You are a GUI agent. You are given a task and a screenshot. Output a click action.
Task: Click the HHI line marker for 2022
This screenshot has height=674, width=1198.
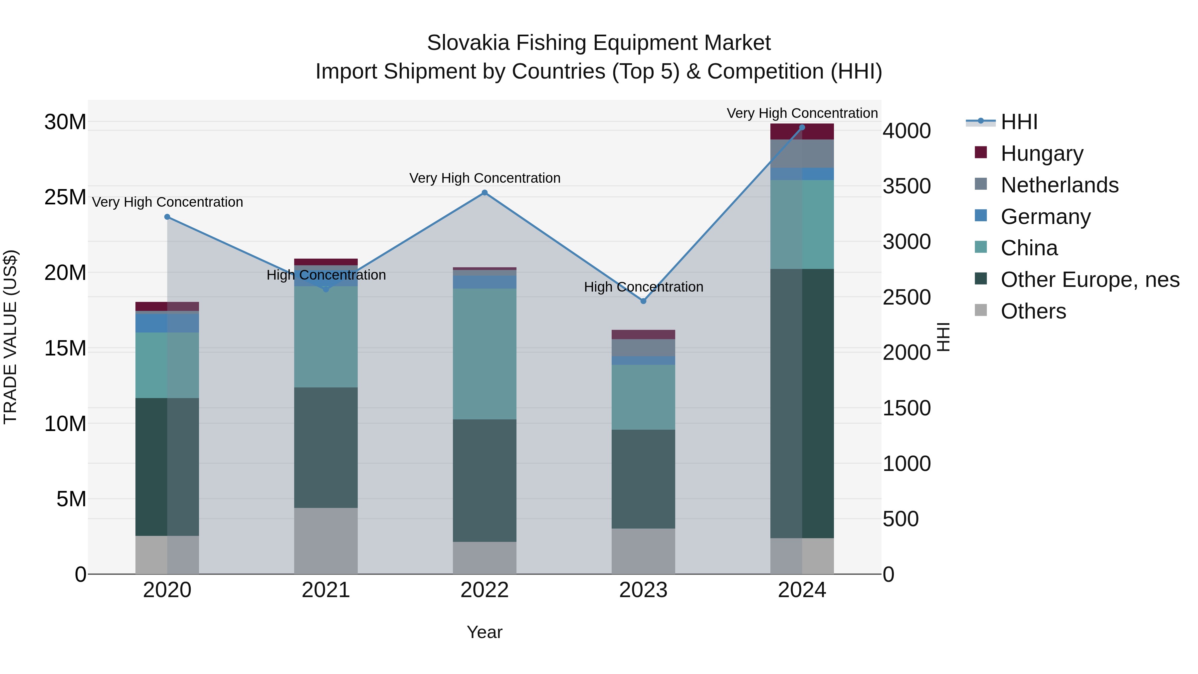[x=485, y=193]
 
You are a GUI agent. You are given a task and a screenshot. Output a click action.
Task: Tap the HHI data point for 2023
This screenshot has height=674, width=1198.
[x=643, y=301]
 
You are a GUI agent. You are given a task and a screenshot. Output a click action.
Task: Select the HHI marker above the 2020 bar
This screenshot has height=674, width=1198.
[x=167, y=217]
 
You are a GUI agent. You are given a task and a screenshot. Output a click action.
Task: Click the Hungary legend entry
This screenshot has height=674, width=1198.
[x=1042, y=153]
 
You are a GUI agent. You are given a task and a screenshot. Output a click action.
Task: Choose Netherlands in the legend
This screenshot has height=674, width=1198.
[x=1060, y=185]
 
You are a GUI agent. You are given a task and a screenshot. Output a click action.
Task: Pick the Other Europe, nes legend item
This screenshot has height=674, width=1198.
[x=1090, y=280]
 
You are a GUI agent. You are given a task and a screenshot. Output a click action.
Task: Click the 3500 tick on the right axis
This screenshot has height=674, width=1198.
[x=906, y=186]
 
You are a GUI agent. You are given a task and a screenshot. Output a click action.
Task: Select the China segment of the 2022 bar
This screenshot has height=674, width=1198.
[x=485, y=353]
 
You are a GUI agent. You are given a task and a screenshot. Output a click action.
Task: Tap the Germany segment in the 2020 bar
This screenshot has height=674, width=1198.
[x=167, y=323]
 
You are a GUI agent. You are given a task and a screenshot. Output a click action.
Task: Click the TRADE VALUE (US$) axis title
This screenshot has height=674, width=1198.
[x=10, y=337]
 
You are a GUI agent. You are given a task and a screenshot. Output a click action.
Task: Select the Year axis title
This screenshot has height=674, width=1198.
[x=485, y=632]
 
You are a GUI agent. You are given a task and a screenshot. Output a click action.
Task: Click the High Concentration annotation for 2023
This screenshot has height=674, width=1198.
[x=643, y=287]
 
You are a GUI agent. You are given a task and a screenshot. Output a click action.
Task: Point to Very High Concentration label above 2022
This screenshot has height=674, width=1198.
[x=485, y=178]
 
